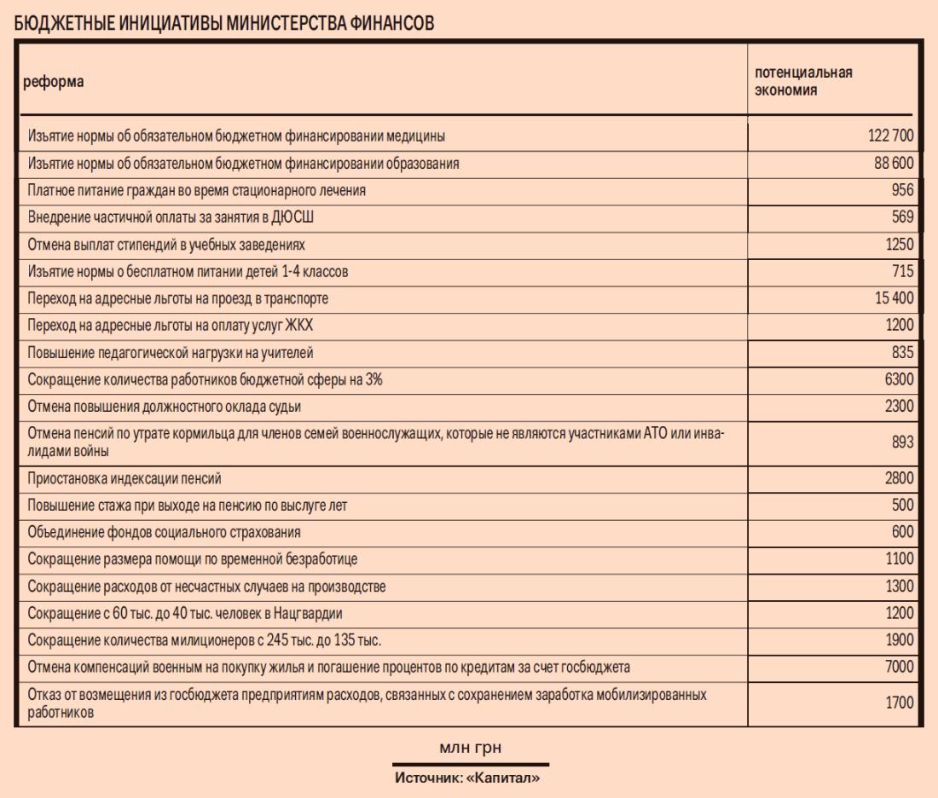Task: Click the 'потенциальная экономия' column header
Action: pyautogui.click(x=803, y=81)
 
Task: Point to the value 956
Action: pyautogui.click(x=902, y=191)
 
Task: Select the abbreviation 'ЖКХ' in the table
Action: pyautogui.click(x=304, y=325)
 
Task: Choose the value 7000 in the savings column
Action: pyautogui.click(x=899, y=667)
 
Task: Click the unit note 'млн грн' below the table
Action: pyautogui.click(x=470, y=748)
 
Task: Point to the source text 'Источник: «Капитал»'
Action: pyautogui.click(x=468, y=778)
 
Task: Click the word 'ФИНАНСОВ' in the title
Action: pyautogui.click(x=391, y=24)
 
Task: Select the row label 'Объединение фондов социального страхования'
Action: pyautogui.click(x=165, y=532)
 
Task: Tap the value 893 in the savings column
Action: pyautogui.click(x=902, y=442)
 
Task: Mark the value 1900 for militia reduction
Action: pyautogui.click(x=899, y=640)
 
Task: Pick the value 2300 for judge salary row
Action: pyautogui.click(x=899, y=406)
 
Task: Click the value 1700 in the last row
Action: pyautogui.click(x=899, y=703)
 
